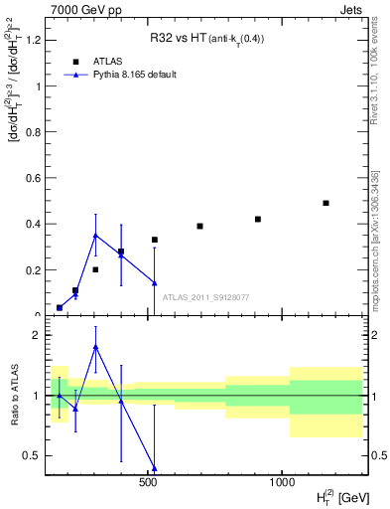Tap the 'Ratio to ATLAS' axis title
tap(15, 396)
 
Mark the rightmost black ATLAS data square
tap(325, 203)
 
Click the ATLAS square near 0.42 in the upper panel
tap(258, 219)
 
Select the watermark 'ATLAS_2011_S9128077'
tap(205, 297)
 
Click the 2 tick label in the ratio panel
tap(36, 335)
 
